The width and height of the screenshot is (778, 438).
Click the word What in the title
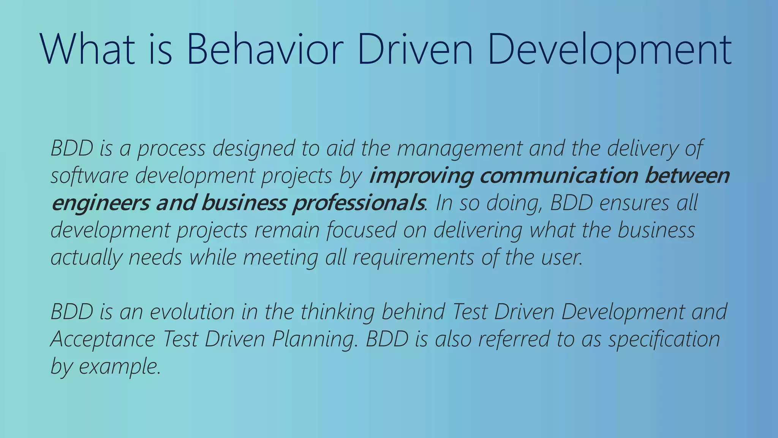tap(87, 49)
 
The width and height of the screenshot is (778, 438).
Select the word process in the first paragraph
tap(171, 149)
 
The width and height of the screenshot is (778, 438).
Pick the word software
tap(90, 176)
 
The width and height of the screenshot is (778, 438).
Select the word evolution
tap(192, 312)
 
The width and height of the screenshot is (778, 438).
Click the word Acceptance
tap(103, 340)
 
